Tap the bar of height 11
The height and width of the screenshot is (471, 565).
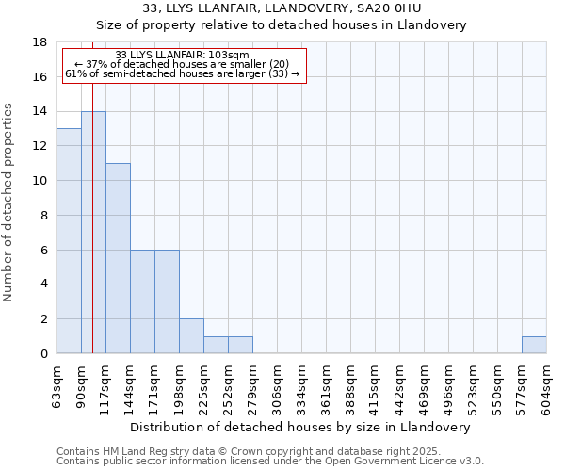click(118, 259)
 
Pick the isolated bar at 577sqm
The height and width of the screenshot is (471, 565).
click(534, 345)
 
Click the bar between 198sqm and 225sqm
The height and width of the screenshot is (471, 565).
click(191, 336)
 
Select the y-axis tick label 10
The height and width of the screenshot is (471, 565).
click(40, 181)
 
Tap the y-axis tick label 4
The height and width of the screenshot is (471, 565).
click(43, 284)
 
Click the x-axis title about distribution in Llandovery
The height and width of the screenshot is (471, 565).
click(299, 427)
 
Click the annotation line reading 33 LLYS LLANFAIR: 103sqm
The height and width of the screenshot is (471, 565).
click(182, 56)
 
